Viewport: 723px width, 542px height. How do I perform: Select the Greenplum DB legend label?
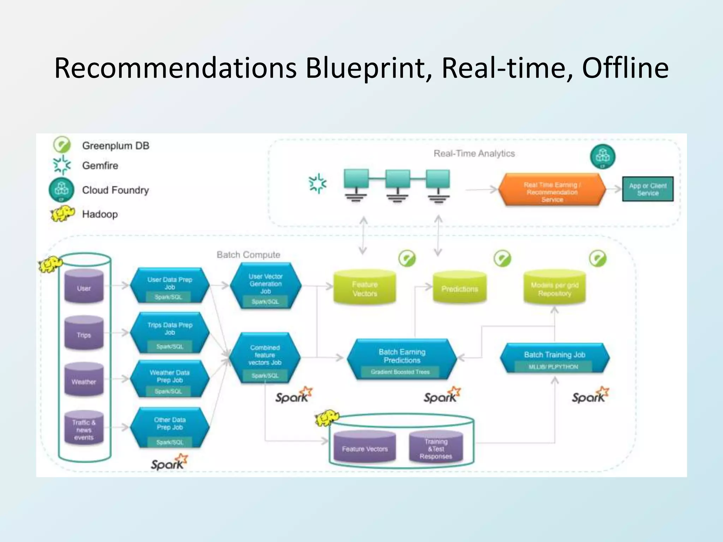[x=115, y=145]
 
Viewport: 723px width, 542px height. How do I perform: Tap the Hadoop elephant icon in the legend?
[x=62, y=214]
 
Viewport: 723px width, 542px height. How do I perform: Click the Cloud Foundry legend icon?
[x=61, y=190]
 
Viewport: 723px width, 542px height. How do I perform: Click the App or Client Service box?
[x=647, y=189]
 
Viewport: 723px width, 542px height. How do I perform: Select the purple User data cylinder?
[x=84, y=287]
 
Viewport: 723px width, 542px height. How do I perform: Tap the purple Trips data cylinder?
[x=84, y=333]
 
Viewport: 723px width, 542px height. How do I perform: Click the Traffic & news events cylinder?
[x=84, y=428]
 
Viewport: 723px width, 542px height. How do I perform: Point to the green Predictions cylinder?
[x=460, y=288]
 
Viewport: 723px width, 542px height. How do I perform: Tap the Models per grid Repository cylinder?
[x=554, y=288]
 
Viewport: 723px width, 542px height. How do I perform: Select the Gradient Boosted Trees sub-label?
[x=400, y=372]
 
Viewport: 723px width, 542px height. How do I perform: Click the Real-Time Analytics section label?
[x=474, y=153]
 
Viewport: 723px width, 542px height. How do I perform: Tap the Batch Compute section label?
[x=248, y=255]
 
